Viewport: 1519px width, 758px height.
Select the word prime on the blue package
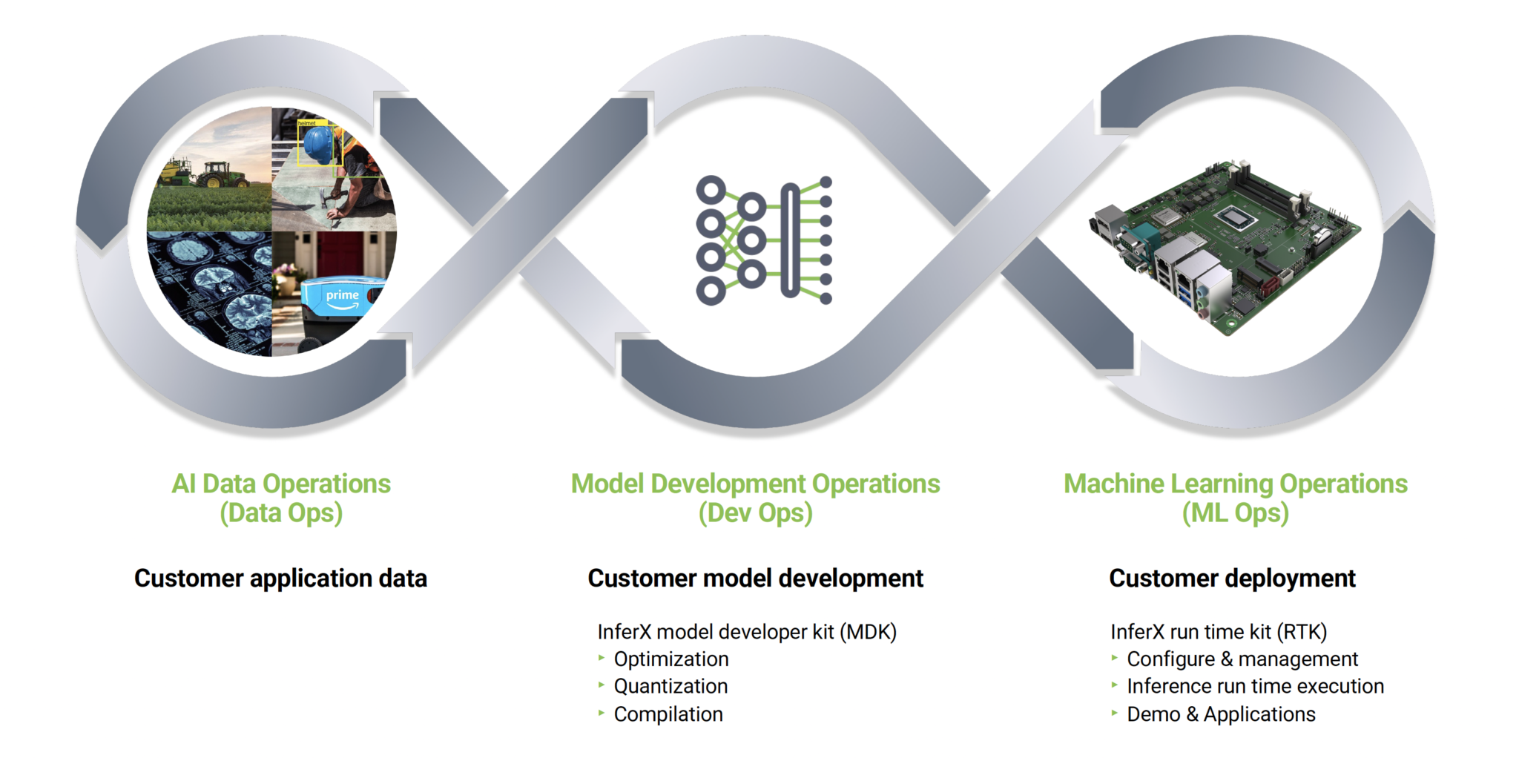tap(342, 295)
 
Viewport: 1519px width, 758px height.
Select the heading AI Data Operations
tap(281, 484)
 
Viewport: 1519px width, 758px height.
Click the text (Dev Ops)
tap(755, 513)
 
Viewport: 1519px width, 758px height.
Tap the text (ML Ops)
tap(1235, 513)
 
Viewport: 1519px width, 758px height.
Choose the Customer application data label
tap(280, 579)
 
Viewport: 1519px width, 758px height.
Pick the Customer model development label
tap(755, 579)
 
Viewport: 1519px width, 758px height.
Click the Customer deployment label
tap(1232, 579)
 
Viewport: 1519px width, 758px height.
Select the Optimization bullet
tap(670, 659)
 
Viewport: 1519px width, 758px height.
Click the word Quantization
tap(670, 687)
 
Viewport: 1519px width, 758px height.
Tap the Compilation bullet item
tap(668, 714)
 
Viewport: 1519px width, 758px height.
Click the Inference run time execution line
tap(1255, 687)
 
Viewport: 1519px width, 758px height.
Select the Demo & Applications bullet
tap(1221, 714)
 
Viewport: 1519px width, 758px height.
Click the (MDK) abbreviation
tap(868, 632)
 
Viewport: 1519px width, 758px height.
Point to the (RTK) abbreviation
tap(1302, 632)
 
